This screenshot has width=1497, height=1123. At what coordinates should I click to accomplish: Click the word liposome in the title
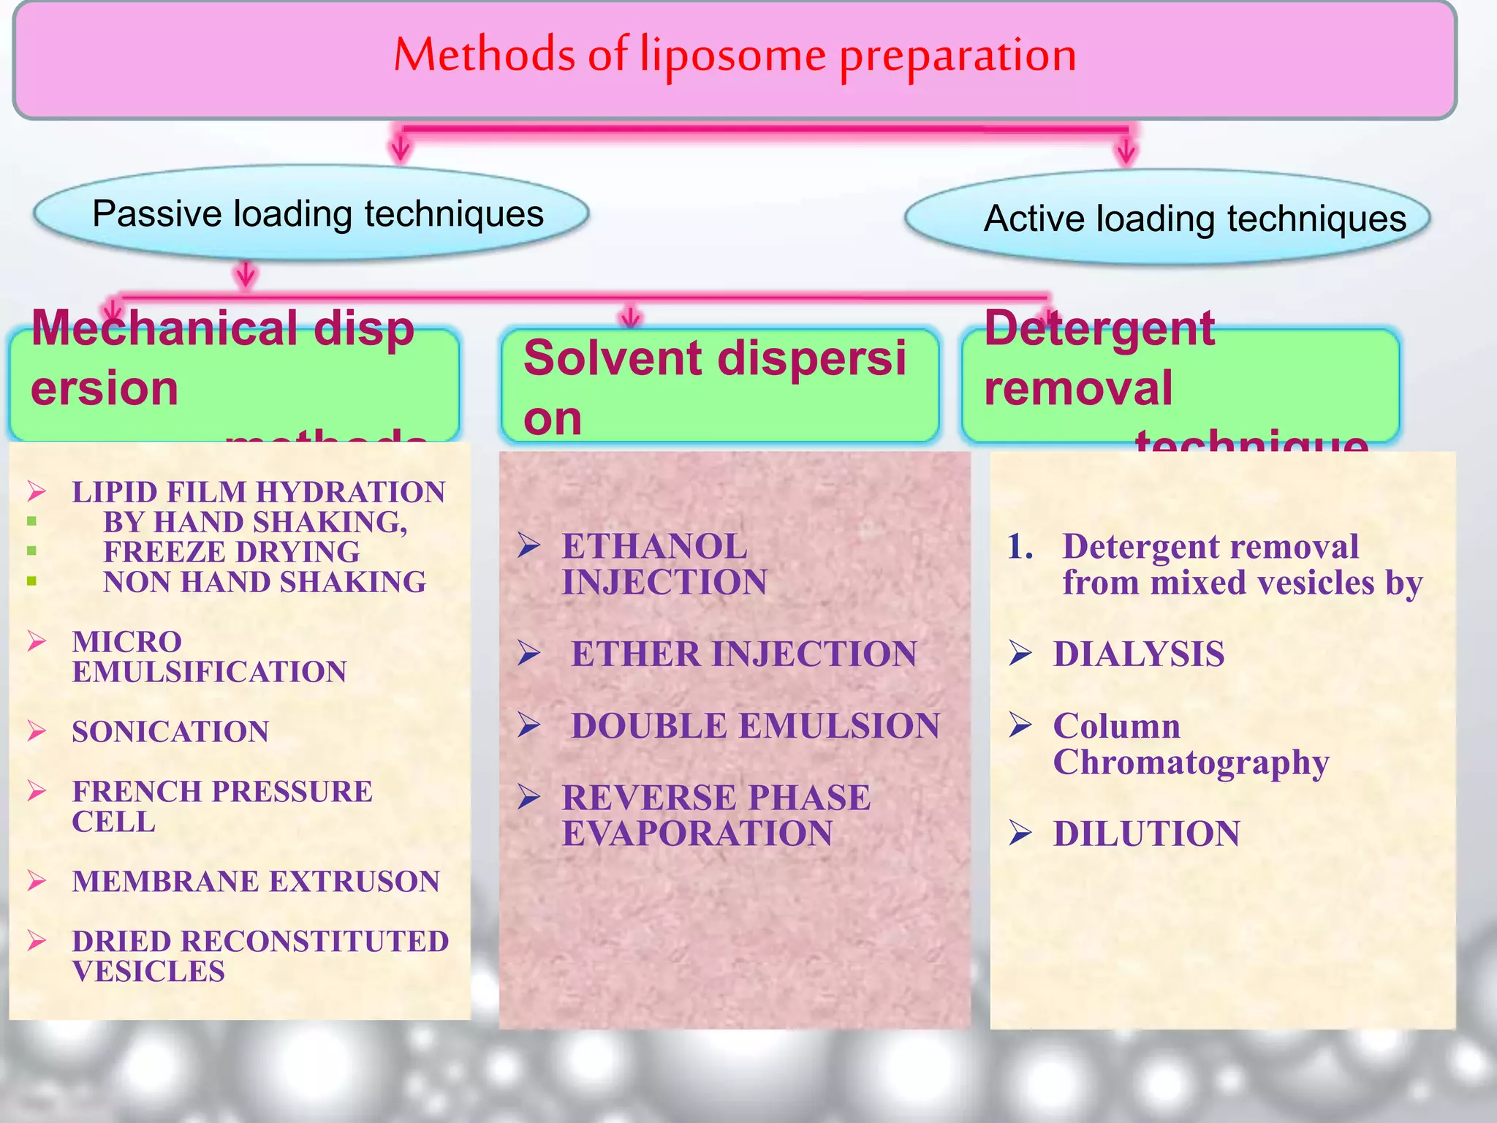tap(732, 56)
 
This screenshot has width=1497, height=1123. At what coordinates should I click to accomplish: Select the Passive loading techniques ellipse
tap(311, 213)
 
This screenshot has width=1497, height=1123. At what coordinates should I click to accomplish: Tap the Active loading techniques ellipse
tap(1167, 218)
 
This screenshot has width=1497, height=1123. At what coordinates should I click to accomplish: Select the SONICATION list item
tap(170, 732)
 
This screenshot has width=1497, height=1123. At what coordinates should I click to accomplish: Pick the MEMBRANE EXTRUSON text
tap(256, 882)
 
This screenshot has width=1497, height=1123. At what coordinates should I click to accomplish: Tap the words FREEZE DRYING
tap(231, 552)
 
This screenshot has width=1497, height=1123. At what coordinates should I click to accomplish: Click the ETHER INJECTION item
tap(743, 654)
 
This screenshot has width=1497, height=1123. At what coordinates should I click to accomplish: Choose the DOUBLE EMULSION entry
tap(755, 726)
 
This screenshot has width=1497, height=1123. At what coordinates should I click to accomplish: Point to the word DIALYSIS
tap(1138, 654)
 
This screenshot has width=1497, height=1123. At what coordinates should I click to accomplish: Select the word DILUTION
tap(1146, 833)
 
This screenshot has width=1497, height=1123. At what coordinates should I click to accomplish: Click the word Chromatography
tap(1191, 763)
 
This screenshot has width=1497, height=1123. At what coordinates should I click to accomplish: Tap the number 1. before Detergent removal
tap(1020, 547)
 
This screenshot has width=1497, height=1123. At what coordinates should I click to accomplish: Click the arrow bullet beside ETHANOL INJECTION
tap(528, 545)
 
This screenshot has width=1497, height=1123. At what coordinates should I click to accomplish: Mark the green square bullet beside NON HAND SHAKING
tap(31, 582)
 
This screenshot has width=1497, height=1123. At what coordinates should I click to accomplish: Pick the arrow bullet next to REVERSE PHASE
tap(528, 797)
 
